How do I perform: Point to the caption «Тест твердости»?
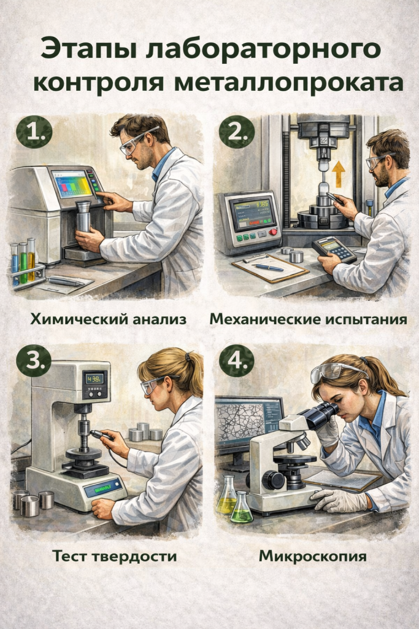(114, 557)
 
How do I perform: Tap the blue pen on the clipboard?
(269, 268)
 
